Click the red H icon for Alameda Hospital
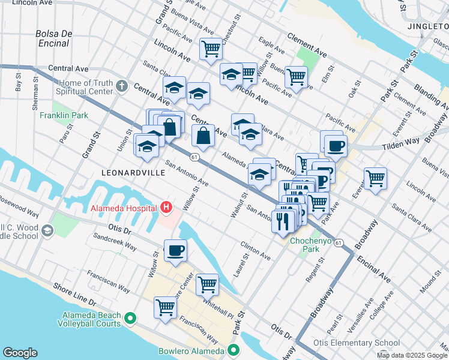pos(166,208)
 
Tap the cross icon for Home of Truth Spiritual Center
pos(122,86)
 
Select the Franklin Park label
pos(60,115)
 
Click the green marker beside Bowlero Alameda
pos(231,352)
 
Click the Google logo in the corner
pos(20,353)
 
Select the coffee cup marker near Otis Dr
pos(175,250)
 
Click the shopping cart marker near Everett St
pos(375,178)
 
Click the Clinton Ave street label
pos(255,251)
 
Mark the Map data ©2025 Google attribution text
pos(411,355)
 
